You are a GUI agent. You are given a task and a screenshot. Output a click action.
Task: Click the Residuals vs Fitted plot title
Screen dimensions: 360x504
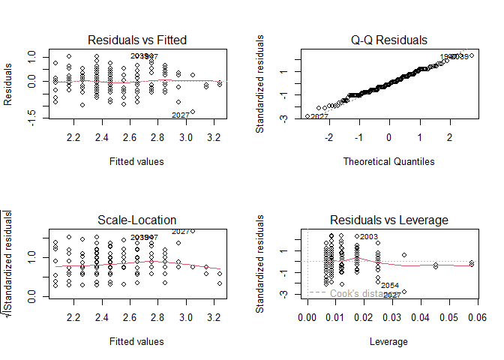tap(137, 39)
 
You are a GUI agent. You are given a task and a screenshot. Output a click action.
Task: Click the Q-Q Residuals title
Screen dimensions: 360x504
tap(389, 39)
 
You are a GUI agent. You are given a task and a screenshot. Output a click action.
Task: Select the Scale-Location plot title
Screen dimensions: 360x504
tap(137, 220)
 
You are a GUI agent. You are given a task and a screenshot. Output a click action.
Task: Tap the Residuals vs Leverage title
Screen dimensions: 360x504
tap(389, 220)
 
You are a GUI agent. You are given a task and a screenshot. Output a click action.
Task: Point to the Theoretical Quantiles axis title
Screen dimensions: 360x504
tap(389, 161)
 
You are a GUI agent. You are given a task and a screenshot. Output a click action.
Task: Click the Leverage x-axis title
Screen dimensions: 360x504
tap(389, 341)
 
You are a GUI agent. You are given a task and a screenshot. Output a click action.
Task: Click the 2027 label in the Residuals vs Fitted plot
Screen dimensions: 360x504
tap(181, 115)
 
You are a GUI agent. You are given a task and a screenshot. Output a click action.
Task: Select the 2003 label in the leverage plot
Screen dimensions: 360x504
tap(368, 237)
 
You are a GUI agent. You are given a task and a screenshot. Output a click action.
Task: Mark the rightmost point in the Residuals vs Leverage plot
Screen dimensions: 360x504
tap(472, 262)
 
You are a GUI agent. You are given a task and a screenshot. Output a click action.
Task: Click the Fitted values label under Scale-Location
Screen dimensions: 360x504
tap(137, 341)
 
